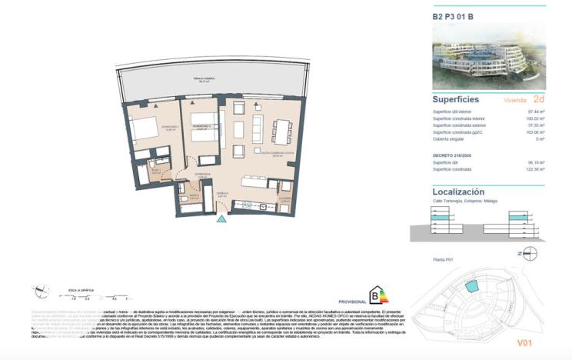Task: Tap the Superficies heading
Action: point(456,100)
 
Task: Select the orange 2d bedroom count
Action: point(538,99)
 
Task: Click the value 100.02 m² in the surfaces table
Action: point(531,118)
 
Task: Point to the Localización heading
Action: point(458,192)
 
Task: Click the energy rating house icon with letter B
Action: point(376,295)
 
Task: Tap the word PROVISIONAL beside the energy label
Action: point(351,302)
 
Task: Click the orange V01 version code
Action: point(524,342)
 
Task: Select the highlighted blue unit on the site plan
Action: point(471,285)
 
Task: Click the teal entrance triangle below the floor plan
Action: point(222,219)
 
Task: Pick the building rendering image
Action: point(489,53)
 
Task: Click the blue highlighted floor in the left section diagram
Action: point(440,219)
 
